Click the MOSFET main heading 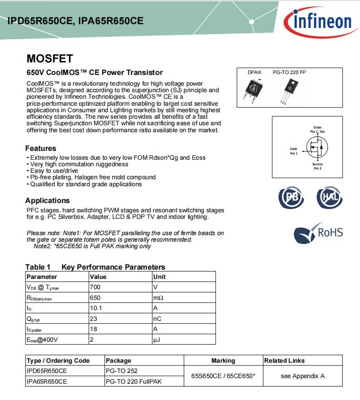[x=50, y=59]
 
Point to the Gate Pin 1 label [x=293, y=151]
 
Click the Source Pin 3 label [x=317, y=166]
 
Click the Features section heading [x=41, y=149]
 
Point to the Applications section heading [x=48, y=201]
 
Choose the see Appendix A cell [x=302, y=376]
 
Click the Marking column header [x=223, y=360]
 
